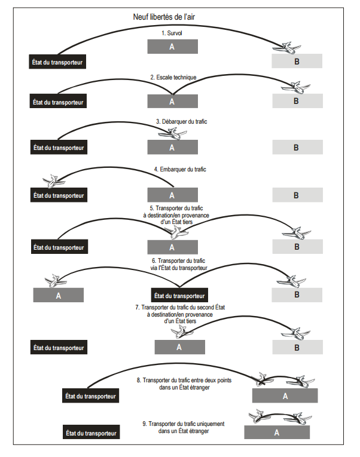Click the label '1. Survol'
pos(172,33)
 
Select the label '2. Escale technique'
pos(173,78)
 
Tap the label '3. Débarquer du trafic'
pos(181,121)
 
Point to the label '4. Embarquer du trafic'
pos(180,169)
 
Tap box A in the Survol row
pos(172,47)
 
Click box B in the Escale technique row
pos(297,101)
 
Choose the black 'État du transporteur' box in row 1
pos(58,62)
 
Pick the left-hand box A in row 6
pos(58,295)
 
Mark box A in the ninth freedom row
pos(277,432)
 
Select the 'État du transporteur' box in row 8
pos(91,395)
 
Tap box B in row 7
pos(297,347)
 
